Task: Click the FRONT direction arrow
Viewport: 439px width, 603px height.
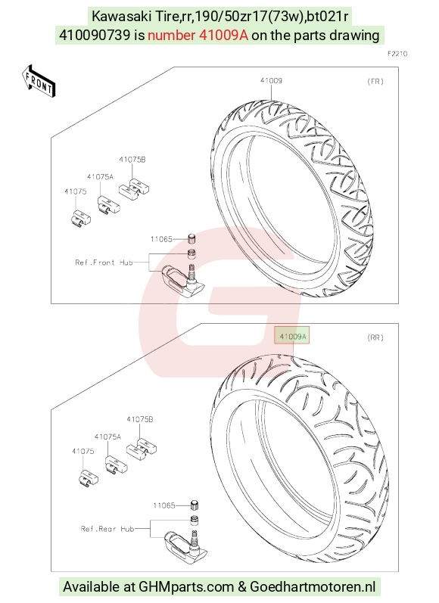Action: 39,82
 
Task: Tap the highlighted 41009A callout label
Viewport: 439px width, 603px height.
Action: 292,337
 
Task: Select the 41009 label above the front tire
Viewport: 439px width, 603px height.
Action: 271,80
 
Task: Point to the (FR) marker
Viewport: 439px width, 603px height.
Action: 375,81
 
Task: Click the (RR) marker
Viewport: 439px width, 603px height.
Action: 375,337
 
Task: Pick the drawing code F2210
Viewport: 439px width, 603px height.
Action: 397,54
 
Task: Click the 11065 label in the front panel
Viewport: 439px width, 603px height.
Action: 161,239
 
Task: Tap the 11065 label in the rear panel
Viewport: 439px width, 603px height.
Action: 164,505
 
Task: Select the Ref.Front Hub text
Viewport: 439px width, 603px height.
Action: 104,263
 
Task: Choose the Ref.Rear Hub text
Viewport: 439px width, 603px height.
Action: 107,529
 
